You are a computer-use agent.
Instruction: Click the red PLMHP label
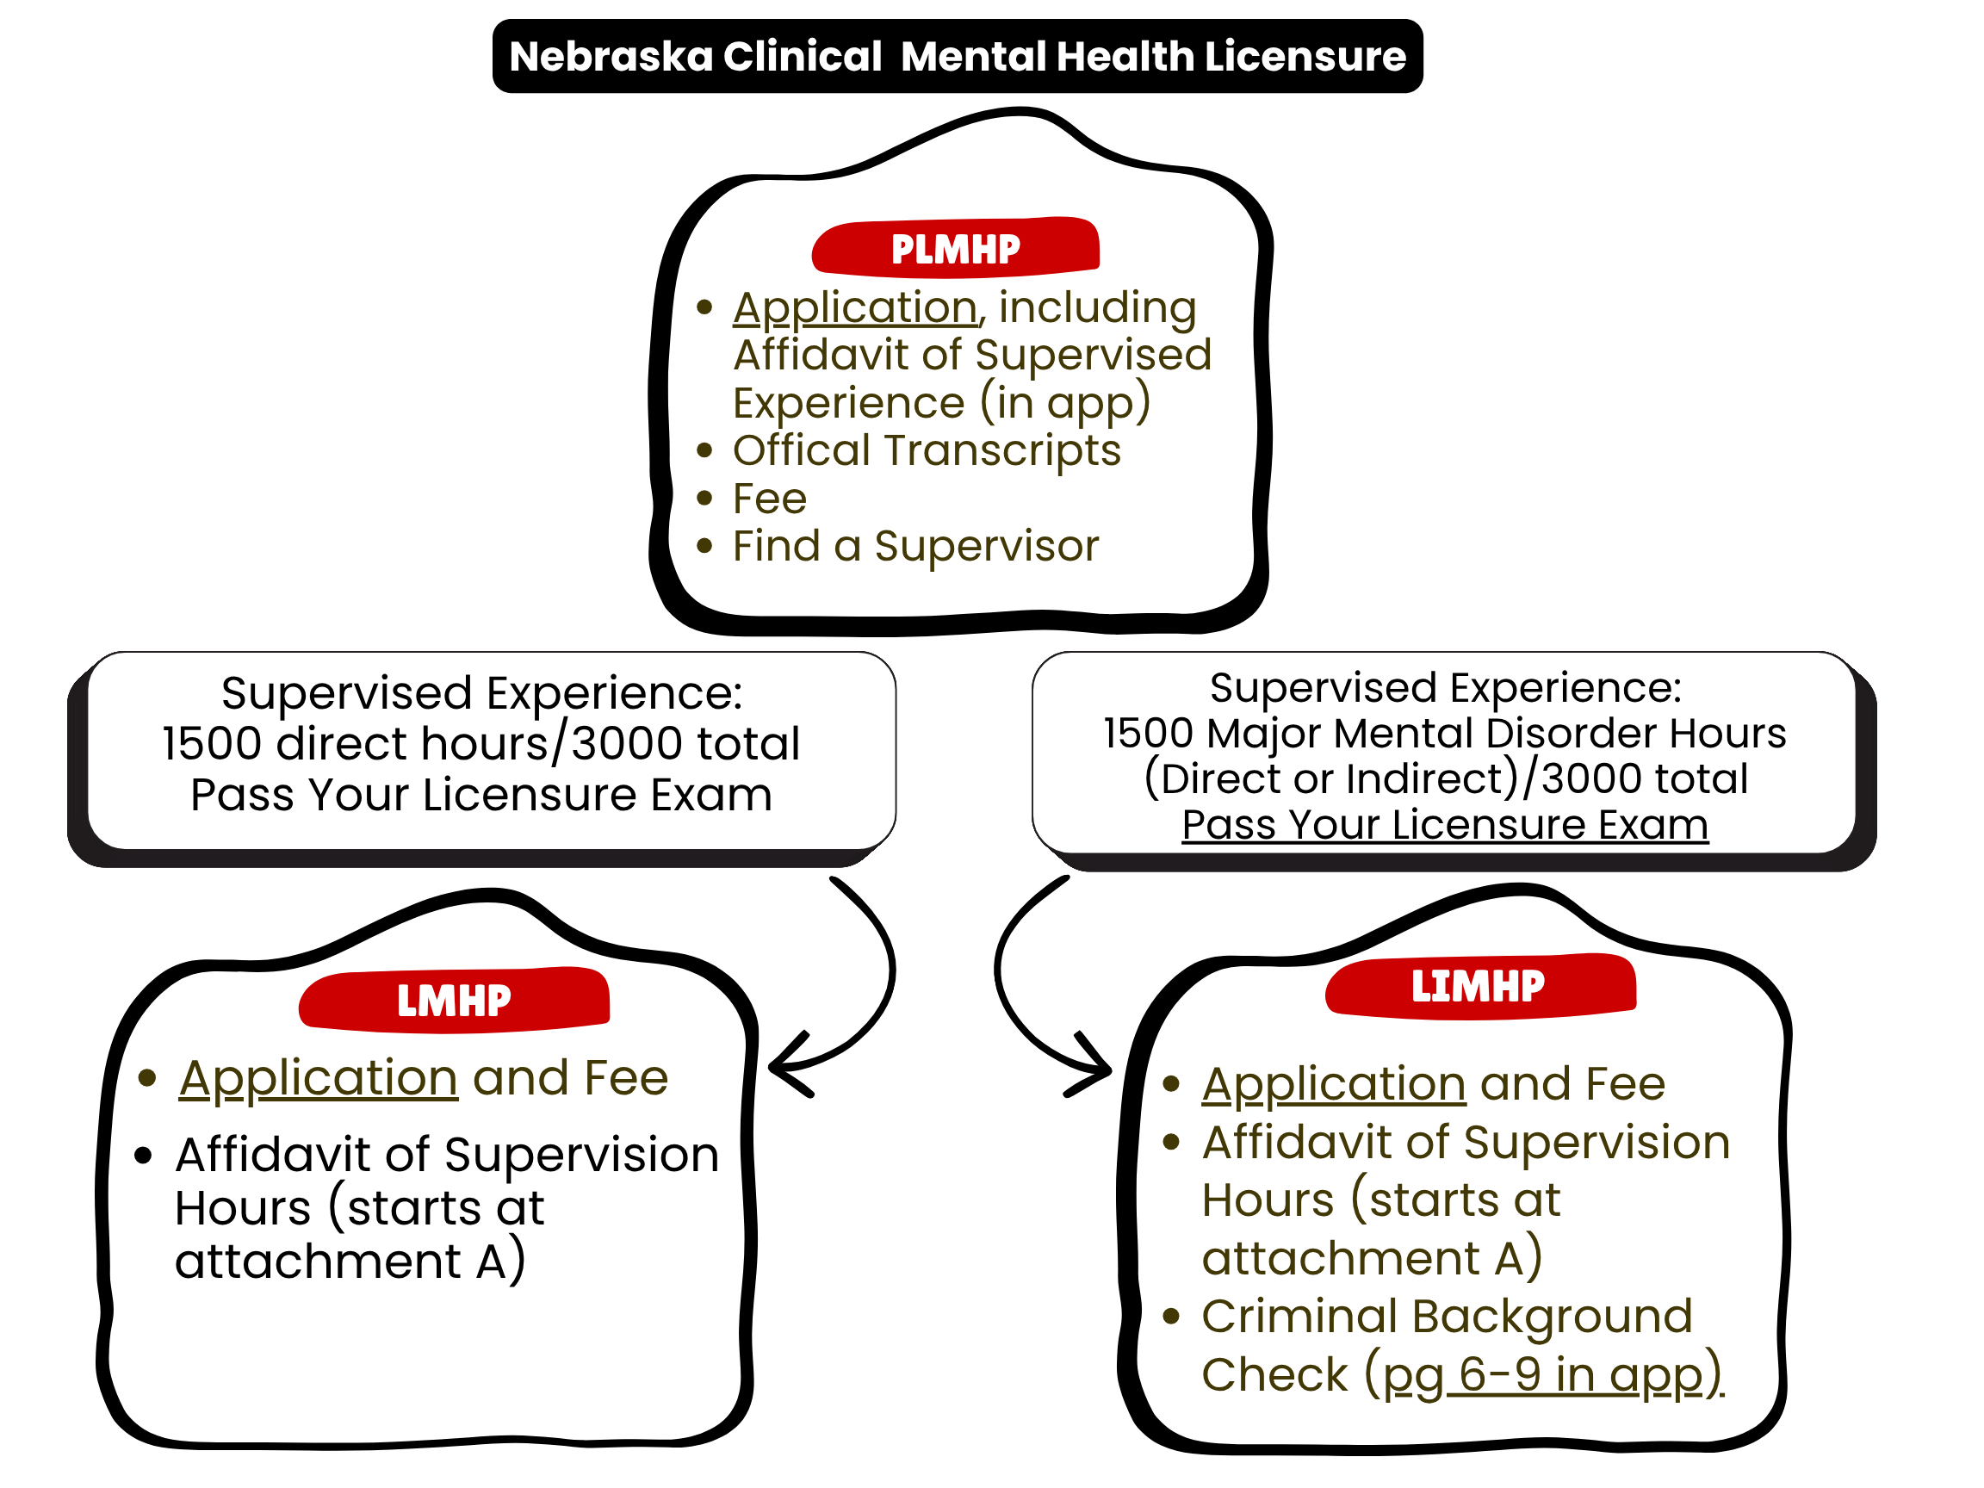(x=955, y=249)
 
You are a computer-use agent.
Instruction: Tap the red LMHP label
(x=454, y=1000)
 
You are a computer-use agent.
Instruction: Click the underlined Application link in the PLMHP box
(x=855, y=307)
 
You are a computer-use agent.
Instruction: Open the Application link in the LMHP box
(x=319, y=1078)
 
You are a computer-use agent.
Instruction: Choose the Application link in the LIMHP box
(x=1334, y=1084)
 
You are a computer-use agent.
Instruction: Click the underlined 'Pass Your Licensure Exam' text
(x=1445, y=824)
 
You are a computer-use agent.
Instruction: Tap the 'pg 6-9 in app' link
(x=1551, y=1375)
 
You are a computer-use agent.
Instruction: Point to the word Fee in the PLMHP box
(x=770, y=499)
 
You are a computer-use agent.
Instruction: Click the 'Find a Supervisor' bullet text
(x=914, y=546)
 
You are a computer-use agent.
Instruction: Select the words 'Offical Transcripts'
(x=927, y=450)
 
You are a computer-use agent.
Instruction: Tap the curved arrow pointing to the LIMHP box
(x=1032, y=987)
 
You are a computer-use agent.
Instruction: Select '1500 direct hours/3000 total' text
(x=480, y=743)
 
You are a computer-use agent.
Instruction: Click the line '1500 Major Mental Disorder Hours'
(x=1444, y=734)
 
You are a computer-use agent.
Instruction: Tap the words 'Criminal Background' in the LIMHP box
(x=1446, y=1317)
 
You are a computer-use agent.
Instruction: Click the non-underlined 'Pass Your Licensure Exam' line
(x=480, y=795)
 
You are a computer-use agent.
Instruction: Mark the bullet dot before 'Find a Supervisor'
(x=704, y=546)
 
